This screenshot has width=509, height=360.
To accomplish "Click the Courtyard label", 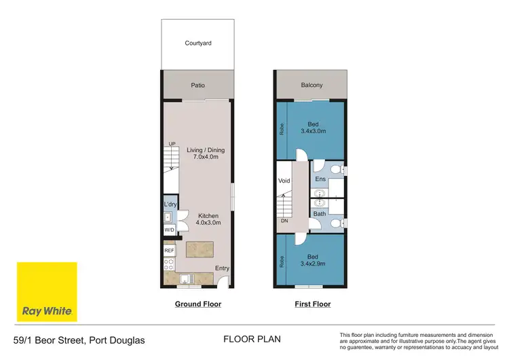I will point(198,43).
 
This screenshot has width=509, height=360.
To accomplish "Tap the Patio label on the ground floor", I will point(197,86).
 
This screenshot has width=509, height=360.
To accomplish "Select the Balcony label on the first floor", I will point(312,86).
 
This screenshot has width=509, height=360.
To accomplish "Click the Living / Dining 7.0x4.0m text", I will point(206,154).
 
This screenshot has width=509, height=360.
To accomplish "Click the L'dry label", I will point(170,204).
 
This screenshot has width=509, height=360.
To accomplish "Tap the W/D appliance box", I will point(169,230).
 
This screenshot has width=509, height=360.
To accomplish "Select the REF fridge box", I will point(169,251).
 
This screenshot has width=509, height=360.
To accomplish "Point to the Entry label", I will point(222,268).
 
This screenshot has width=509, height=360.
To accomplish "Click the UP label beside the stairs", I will point(172,144).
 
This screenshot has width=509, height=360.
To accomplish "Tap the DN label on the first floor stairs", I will point(284,220).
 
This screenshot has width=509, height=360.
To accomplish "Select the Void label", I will point(284,181).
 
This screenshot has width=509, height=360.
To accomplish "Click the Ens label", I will point(320,179).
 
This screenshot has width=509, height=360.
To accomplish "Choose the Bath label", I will point(320,214).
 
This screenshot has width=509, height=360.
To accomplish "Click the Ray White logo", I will point(47,292).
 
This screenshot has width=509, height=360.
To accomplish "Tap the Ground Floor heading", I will point(198,304).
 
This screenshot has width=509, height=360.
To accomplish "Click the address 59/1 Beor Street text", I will point(78,340).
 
